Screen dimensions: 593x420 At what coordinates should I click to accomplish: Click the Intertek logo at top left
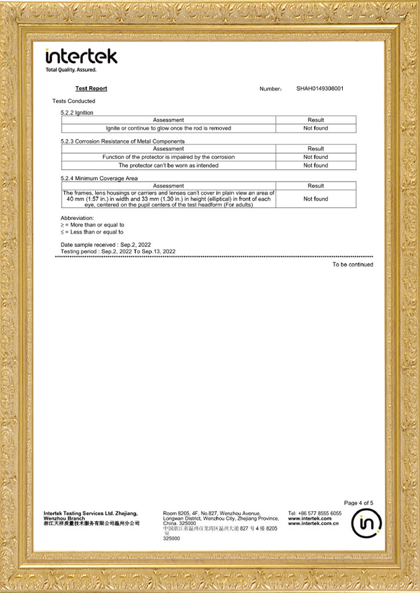point(82,57)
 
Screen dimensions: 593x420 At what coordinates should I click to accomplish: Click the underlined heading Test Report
point(91,89)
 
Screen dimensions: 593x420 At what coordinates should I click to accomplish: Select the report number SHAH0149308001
point(319,89)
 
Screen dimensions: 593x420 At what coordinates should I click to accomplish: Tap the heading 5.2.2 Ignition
point(77,113)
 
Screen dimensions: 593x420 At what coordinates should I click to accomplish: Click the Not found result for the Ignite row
point(316,128)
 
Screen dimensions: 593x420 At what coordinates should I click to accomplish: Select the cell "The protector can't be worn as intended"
point(169,166)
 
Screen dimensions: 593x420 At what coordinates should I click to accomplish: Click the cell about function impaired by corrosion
point(169,157)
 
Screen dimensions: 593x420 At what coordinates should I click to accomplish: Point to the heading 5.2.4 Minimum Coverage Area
point(99,179)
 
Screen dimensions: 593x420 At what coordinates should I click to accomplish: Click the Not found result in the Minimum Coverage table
point(316,199)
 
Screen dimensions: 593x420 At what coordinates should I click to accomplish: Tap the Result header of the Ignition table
point(316,120)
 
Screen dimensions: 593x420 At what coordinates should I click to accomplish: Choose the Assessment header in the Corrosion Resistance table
point(169,149)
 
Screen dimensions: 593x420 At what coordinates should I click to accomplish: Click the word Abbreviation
point(77,219)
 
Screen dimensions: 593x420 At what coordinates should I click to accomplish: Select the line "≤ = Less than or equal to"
point(92,232)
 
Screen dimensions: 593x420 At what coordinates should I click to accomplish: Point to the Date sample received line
point(106,245)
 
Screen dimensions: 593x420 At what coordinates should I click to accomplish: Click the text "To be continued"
point(353,265)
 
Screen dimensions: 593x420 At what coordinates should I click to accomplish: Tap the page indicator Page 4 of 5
point(358,503)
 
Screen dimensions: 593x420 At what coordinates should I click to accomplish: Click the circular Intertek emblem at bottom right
point(366,524)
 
